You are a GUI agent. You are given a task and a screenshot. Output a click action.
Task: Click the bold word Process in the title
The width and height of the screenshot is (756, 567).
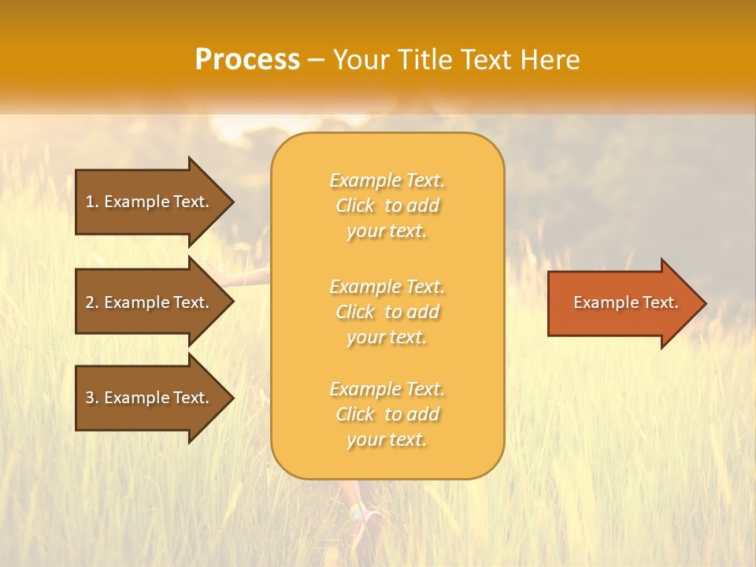tap(247, 60)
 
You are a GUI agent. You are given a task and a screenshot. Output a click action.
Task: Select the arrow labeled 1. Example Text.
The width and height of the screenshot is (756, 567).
tap(150, 202)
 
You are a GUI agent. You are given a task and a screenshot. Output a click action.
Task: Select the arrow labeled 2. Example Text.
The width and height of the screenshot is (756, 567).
tap(150, 302)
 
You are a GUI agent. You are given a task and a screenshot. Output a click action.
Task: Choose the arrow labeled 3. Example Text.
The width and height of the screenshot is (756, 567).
tap(150, 398)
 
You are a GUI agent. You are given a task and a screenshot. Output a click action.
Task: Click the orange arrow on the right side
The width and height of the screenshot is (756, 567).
tap(622, 303)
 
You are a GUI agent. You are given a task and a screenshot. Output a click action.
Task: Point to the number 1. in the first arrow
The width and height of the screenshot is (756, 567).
tap(91, 202)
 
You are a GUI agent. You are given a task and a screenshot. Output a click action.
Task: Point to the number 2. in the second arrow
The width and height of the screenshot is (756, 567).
tap(91, 302)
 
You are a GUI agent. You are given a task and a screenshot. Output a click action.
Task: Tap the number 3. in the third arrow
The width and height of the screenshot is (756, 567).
tap(91, 398)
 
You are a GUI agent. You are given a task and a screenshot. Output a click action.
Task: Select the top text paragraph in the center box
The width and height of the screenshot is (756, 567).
tap(387, 206)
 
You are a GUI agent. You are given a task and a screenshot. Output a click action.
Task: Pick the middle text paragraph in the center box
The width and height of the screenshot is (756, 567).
tap(387, 312)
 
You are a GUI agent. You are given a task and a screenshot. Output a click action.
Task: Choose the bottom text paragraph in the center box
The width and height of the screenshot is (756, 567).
tap(387, 414)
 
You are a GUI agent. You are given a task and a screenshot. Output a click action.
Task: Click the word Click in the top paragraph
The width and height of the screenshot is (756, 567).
tap(355, 206)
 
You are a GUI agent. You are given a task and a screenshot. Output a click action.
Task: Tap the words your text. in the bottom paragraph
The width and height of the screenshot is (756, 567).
tap(387, 439)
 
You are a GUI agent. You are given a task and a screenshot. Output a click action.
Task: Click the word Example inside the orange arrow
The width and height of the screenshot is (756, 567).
tap(600, 302)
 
